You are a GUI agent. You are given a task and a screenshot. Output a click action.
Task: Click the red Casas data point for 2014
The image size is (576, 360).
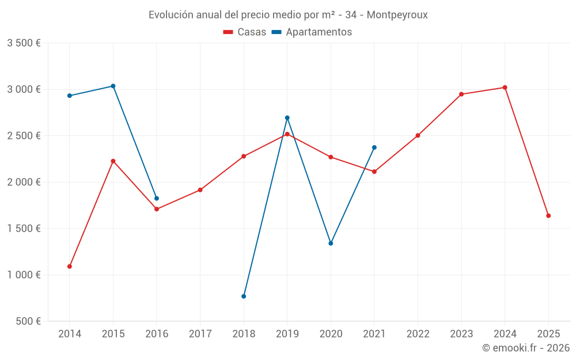(70, 267)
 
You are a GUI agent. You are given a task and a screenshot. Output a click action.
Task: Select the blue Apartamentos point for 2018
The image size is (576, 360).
(244, 297)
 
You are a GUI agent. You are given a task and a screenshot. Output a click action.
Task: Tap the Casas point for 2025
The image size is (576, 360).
(548, 216)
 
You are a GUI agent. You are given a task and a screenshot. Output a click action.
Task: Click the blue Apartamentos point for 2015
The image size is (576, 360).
(113, 86)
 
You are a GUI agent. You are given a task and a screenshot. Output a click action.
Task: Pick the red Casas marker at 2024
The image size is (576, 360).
(505, 88)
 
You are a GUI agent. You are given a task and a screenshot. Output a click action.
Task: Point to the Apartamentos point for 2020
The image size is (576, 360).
(331, 244)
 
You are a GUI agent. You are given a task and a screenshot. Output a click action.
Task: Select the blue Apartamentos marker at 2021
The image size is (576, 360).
(374, 147)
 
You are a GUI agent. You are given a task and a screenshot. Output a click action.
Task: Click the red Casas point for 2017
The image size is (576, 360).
(200, 190)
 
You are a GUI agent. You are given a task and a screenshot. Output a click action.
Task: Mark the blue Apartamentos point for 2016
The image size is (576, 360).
(157, 199)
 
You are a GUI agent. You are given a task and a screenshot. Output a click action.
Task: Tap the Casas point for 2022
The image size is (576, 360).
(418, 136)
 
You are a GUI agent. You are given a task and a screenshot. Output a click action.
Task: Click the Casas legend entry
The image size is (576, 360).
(245, 32)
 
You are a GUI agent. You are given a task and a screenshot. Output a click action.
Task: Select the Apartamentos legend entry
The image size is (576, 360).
(311, 32)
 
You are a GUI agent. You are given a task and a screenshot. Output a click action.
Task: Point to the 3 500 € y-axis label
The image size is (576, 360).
(24, 43)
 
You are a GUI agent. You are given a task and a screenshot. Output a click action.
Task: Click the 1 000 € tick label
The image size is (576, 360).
(24, 275)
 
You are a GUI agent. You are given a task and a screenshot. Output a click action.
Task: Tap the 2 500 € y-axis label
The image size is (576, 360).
(24, 136)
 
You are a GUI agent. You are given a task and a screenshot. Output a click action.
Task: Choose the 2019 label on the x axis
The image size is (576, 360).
(287, 334)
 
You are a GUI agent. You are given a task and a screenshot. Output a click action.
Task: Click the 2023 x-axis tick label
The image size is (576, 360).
(461, 334)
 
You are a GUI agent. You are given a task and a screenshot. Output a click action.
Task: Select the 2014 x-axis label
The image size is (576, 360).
(70, 334)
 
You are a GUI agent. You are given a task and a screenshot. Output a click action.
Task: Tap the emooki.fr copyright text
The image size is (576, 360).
(526, 348)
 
